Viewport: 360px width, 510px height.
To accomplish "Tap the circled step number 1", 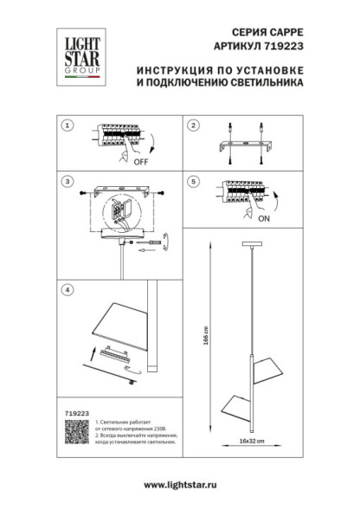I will (66, 126).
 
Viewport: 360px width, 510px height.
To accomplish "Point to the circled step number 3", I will (66, 183).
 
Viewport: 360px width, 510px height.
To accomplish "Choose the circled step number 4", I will (66, 288).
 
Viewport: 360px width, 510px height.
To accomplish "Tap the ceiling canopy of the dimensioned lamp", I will (252, 247).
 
